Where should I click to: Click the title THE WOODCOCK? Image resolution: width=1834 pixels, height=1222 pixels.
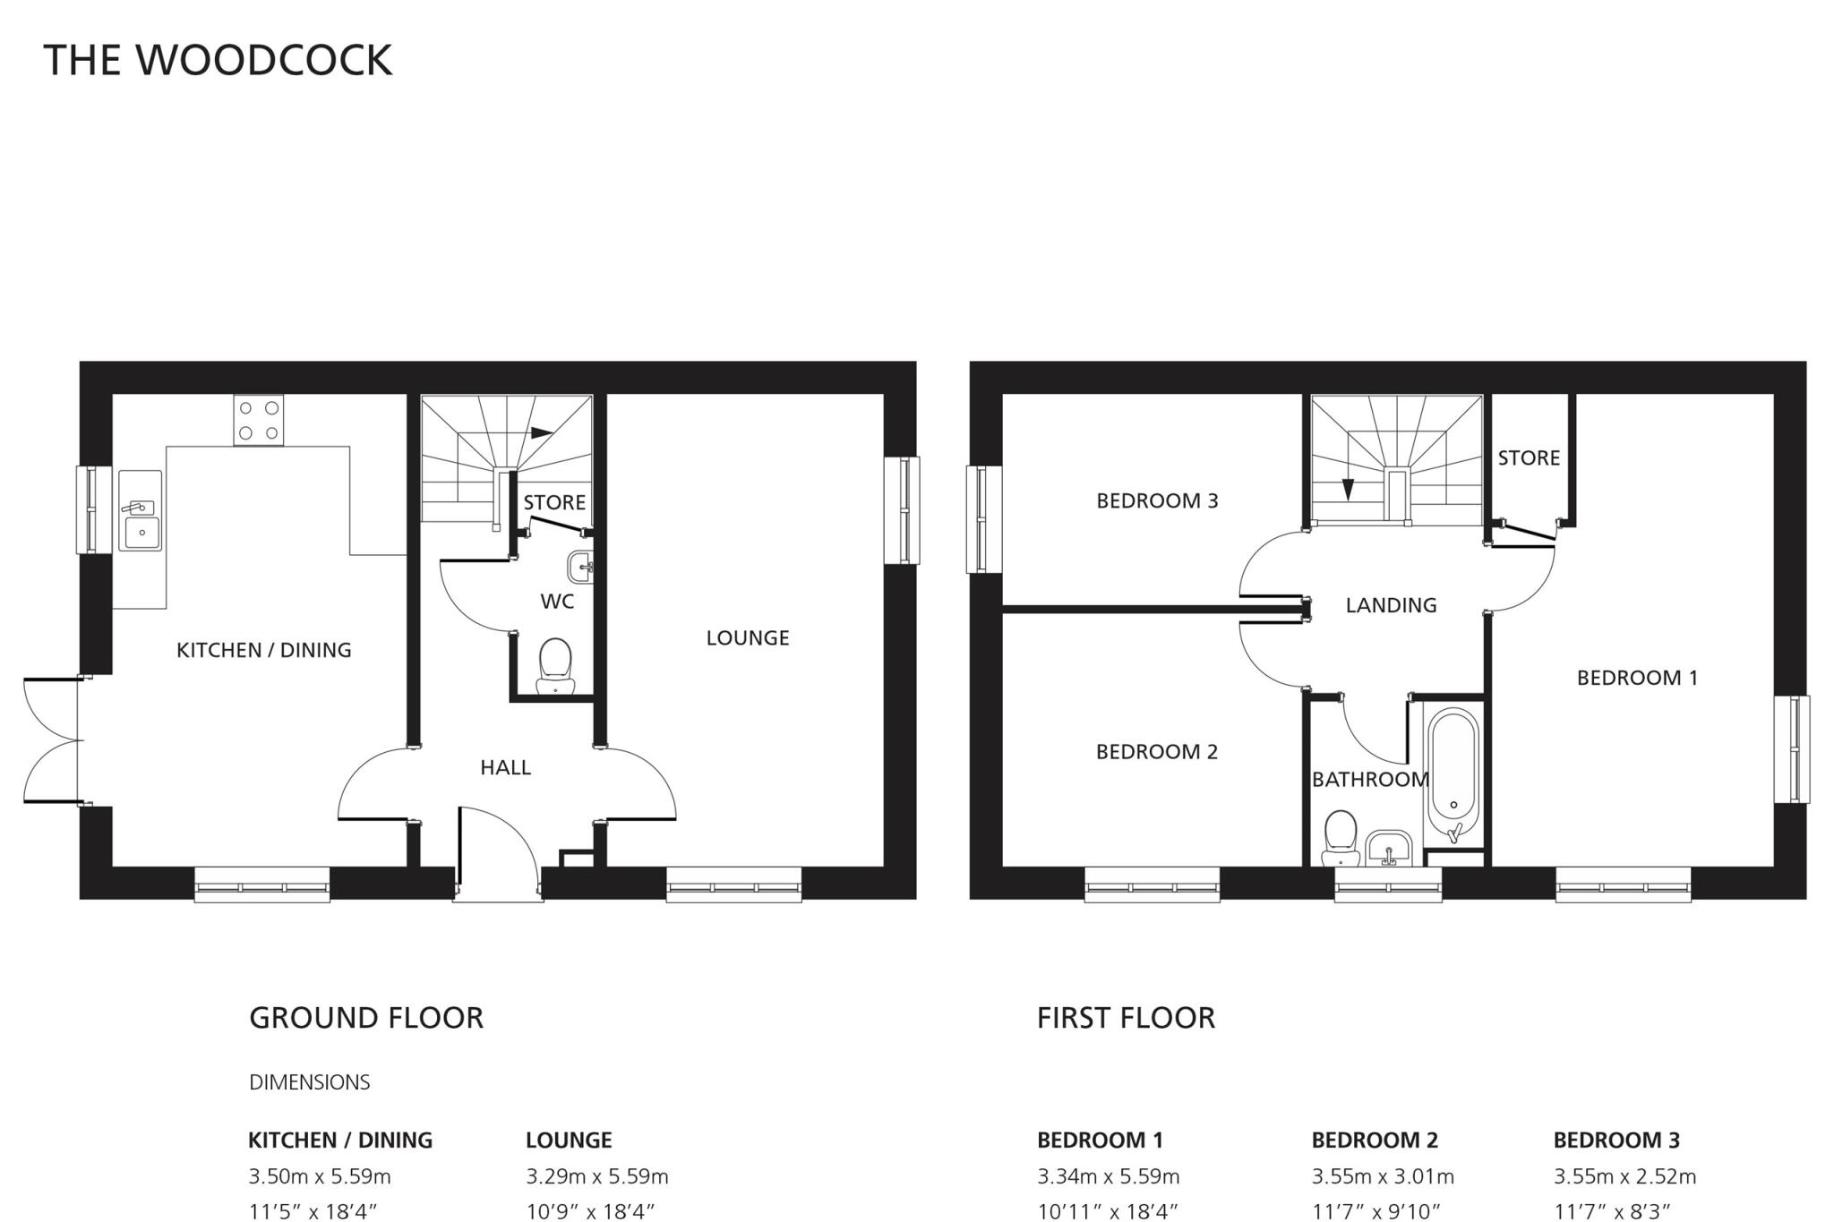click(218, 60)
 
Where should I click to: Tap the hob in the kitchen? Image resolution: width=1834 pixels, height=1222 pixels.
click(258, 420)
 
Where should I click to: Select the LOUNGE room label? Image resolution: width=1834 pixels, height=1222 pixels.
click(748, 638)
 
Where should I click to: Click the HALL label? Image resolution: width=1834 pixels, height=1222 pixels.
click(505, 767)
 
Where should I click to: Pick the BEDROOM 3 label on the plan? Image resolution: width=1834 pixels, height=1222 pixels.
click(1157, 500)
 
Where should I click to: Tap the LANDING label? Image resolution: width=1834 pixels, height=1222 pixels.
click(1391, 606)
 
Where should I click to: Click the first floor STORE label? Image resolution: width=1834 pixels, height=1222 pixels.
click(1529, 458)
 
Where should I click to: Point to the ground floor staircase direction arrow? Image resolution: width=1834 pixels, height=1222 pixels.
click(541, 433)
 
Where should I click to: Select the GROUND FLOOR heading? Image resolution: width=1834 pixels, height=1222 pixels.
click(366, 1018)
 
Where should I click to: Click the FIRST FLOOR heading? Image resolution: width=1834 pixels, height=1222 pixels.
click(1126, 1018)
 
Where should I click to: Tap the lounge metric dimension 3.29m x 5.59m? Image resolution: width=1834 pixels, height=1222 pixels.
click(596, 1176)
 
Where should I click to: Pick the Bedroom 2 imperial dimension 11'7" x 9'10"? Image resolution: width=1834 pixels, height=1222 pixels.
click(1375, 1212)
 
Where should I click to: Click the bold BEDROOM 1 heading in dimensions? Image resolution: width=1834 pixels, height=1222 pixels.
click(1100, 1141)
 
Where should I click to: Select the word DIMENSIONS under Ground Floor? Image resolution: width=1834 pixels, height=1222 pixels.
click(309, 1082)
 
